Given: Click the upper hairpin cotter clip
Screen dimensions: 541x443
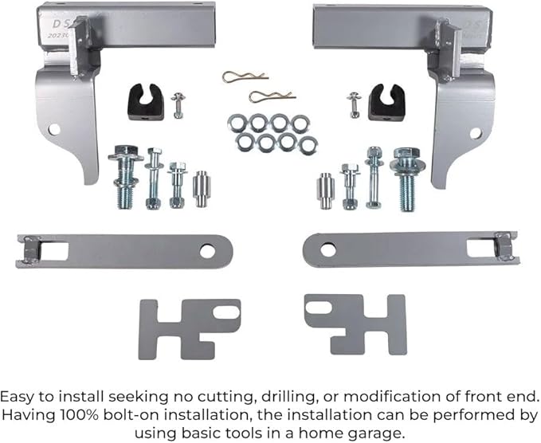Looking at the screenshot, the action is pos(245,76).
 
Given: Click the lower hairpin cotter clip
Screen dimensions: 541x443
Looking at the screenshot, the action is pos(272,96).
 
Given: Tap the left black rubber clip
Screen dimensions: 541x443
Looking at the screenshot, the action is pos(146,102).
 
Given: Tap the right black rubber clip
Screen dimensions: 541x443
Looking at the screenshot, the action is pos(386,103).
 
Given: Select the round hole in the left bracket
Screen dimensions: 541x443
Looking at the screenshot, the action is pos(54,129).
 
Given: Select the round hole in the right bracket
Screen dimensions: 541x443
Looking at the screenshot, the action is pos(475,133).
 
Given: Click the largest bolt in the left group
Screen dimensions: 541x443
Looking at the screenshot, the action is pos(125,177).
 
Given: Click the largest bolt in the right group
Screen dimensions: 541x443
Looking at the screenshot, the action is pos(407,178).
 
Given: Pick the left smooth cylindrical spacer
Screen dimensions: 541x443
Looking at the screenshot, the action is pos(202,188).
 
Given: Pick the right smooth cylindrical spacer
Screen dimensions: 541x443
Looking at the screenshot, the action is pos(325,190).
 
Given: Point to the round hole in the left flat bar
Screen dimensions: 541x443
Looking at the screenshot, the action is pos(207,251).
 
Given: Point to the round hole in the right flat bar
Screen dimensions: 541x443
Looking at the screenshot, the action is pos(327,250).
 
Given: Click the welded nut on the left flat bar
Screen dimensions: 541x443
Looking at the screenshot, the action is pos(31,249).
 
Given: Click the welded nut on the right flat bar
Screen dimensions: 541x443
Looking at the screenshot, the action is pos(504,245).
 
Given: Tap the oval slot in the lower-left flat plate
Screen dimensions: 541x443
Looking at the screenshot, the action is pos(226,312).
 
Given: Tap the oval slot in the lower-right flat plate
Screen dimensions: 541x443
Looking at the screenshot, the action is pos(319,308).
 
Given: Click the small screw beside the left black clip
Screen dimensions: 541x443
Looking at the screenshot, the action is pos(178,105).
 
